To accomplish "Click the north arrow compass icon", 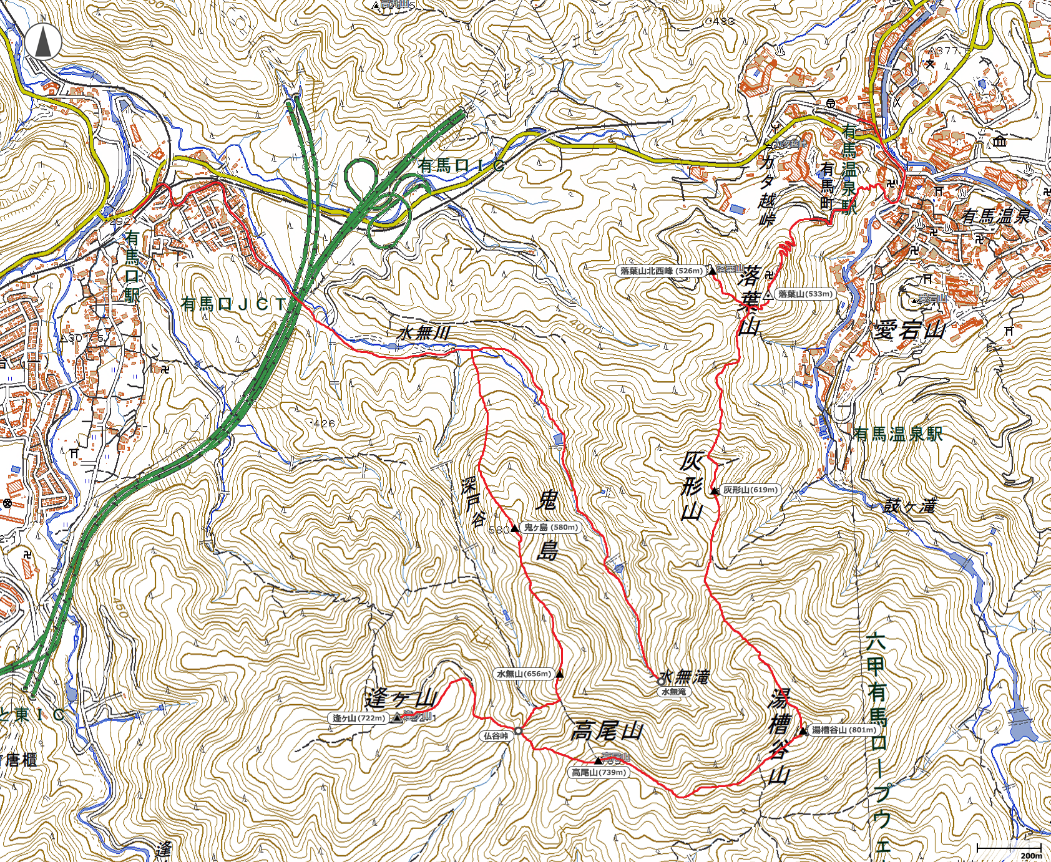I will (43, 41).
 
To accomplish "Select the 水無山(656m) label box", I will (524, 674).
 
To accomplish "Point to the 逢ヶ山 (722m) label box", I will (358, 719).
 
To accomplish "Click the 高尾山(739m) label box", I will (599, 773).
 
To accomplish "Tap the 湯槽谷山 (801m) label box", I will (844, 730).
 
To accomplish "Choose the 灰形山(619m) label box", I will (750, 490).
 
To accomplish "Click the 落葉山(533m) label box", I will (804, 294).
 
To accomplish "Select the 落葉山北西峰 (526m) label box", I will (661, 271).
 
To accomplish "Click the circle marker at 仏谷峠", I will (518, 730).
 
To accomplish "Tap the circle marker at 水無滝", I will (661, 682).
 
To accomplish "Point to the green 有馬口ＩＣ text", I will (462, 166).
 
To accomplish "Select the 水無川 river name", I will (424, 332).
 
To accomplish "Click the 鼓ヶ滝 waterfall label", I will (909, 506).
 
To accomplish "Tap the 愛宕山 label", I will (909, 330).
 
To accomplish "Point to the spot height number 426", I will (324, 424).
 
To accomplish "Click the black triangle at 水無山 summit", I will (560, 674).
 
